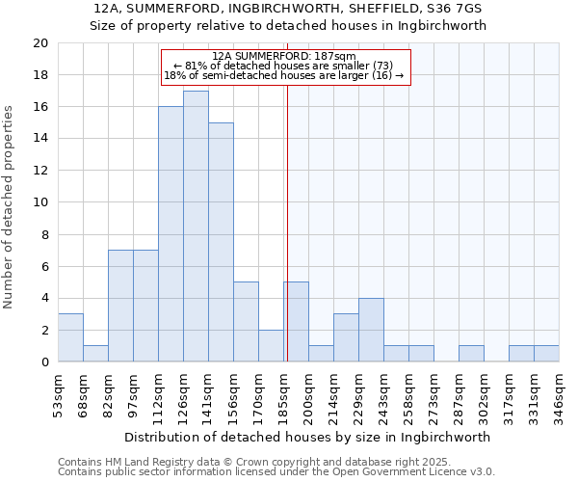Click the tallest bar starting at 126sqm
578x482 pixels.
196,227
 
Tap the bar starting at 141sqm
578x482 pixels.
221,242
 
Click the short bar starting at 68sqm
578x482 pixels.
95,354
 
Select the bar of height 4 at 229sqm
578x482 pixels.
371,330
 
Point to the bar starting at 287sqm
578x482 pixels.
471,354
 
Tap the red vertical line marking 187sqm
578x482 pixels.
287,241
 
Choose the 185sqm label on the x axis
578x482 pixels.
283,396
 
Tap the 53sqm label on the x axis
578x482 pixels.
58,396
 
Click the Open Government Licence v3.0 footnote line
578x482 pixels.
276,472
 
